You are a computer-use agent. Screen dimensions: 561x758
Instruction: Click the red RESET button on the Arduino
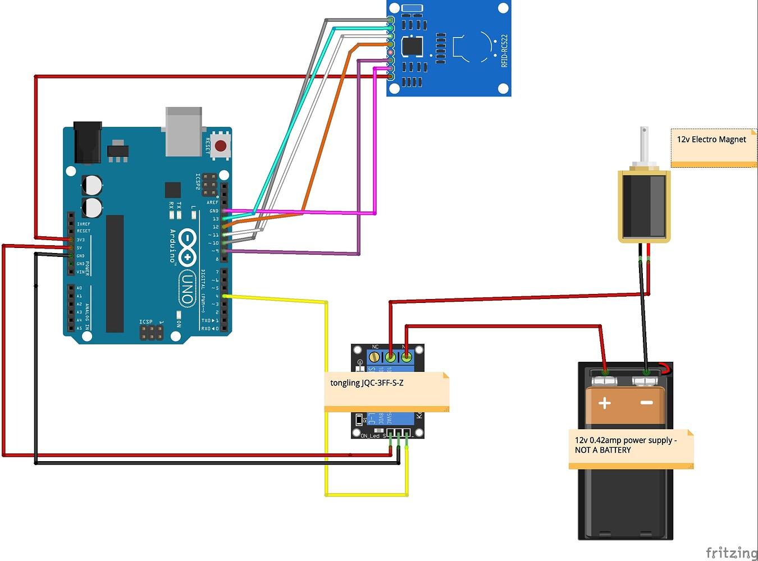tap(221, 146)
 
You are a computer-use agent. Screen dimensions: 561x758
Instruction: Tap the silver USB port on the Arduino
tap(184, 132)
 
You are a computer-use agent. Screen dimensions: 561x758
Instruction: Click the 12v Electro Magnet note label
tap(711, 140)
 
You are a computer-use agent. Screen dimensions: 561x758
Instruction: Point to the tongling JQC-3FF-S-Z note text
tap(367, 383)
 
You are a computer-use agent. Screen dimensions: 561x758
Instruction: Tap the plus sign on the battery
tap(605, 403)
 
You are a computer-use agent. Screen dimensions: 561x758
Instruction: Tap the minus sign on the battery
tap(646, 403)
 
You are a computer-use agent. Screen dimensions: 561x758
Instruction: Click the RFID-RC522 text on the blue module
tap(504, 51)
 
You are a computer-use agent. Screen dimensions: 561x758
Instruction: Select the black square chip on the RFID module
tap(413, 46)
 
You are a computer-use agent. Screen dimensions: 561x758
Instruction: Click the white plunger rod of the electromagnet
tap(644, 145)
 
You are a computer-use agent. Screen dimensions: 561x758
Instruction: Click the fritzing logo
tap(731, 553)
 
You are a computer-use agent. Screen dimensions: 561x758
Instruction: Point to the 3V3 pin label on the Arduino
tap(81, 240)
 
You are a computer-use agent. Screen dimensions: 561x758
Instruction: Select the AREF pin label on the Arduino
tap(212, 203)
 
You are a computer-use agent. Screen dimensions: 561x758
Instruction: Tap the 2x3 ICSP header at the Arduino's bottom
tap(152, 333)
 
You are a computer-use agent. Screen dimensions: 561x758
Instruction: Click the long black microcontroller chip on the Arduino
tap(115, 273)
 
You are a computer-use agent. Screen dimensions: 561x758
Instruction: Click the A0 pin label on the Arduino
tap(79, 288)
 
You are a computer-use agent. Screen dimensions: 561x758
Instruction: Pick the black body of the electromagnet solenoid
tap(643, 206)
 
